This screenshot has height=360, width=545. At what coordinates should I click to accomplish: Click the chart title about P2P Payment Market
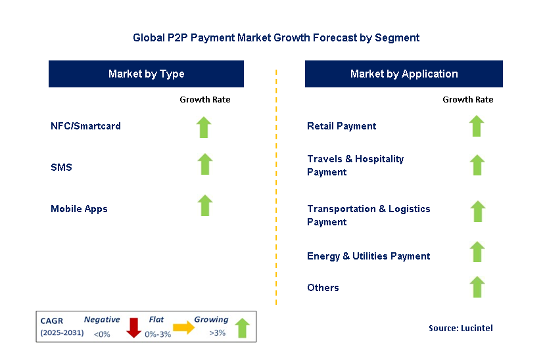[276, 37]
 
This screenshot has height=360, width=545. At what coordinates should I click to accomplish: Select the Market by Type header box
[146, 74]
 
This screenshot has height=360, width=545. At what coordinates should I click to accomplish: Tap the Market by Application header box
[404, 74]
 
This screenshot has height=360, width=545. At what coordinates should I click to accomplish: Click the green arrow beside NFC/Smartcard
[204, 127]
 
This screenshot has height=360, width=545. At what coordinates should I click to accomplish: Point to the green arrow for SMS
[204, 164]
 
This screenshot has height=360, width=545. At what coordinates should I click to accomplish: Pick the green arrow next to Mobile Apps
[205, 205]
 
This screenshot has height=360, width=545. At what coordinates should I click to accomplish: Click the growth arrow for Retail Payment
[477, 126]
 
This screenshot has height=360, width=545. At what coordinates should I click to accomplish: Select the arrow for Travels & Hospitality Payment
[477, 165]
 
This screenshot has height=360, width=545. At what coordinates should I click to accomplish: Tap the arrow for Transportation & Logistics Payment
[478, 212]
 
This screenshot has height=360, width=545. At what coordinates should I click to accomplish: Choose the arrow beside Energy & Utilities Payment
[477, 252]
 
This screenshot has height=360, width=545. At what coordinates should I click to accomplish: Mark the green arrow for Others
[477, 286]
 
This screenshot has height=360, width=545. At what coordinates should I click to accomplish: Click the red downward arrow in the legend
[133, 328]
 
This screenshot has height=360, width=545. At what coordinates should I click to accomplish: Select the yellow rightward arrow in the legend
[184, 327]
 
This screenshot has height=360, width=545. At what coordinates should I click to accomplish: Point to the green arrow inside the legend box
[243, 328]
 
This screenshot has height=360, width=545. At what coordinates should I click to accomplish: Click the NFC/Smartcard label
[86, 126]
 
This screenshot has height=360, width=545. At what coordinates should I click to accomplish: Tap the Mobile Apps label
[80, 209]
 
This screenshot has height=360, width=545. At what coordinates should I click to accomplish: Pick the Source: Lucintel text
[461, 328]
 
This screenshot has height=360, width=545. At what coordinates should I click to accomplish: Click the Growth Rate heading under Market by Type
[205, 100]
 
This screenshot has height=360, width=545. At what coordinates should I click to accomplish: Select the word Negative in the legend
[102, 319]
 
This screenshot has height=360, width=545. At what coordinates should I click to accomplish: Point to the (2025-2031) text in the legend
[62, 332]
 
